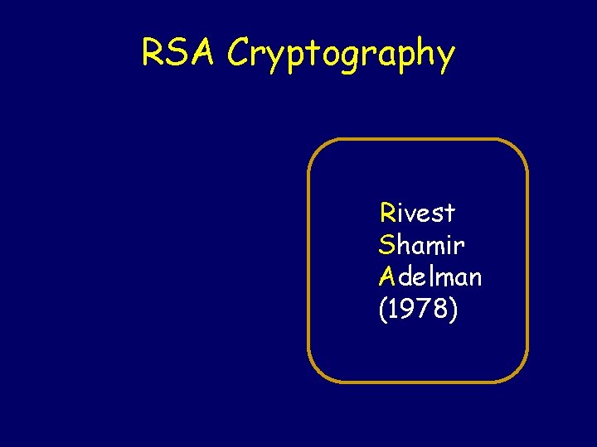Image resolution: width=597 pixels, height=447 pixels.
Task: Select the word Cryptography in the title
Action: coord(341,55)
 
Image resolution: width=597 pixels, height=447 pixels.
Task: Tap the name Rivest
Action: coord(418,213)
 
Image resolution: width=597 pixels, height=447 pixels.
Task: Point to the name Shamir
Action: coord(421,245)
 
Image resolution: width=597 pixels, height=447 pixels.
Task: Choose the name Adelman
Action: coord(430,276)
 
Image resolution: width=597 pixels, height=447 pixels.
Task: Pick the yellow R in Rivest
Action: coord(387,213)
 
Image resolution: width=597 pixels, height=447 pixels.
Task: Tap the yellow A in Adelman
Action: coord(387,276)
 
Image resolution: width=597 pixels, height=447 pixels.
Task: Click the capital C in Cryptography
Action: coord(239,52)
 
